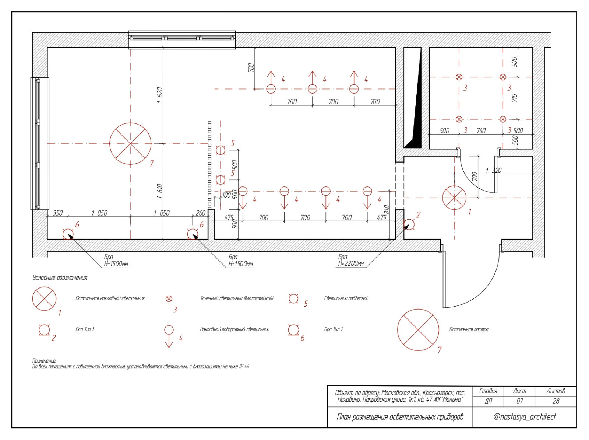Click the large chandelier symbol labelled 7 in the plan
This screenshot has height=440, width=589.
[130, 144]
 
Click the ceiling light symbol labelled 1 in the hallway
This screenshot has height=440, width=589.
[454, 198]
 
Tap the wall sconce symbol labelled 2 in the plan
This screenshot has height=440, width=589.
[409, 224]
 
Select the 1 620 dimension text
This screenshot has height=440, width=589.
[159, 95]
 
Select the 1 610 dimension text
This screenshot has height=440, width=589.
[159, 191]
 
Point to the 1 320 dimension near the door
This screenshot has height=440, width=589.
[493, 170]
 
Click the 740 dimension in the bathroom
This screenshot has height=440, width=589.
[481, 130]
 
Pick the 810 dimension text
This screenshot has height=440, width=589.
[387, 210]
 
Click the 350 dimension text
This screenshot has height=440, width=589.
[58, 213]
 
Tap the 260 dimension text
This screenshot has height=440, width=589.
[200, 213]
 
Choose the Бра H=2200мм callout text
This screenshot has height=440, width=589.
[351, 260]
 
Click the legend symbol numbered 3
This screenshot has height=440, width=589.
[169, 299]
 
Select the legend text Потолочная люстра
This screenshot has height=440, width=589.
[469, 329]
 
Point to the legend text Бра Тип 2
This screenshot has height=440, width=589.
[334, 329]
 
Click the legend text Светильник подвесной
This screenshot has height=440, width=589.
[346, 298]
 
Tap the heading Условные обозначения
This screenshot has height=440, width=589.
[60, 278]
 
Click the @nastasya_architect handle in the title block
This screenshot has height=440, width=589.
[524, 417]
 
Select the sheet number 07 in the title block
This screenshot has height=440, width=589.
[519, 401]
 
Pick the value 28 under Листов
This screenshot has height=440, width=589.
[556, 401]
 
